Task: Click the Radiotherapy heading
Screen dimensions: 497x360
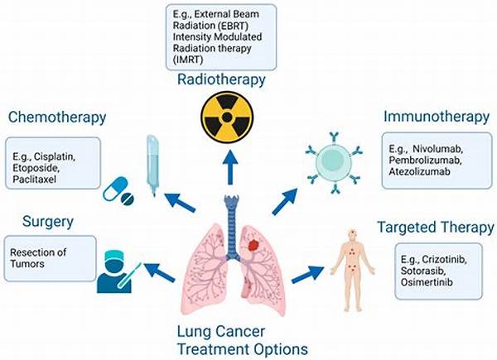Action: click(x=221, y=79)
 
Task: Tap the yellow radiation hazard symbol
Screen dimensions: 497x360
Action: click(x=227, y=118)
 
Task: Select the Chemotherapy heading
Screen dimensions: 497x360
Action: click(x=57, y=118)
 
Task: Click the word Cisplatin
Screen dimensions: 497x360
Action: click(x=54, y=156)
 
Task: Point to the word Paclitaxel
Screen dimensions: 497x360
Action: click(x=34, y=180)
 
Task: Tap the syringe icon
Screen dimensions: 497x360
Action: click(x=152, y=166)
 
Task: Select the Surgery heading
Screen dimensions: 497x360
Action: click(x=48, y=222)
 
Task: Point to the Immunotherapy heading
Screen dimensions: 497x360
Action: click(x=437, y=117)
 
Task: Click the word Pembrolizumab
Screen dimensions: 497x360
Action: click(x=425, y=161)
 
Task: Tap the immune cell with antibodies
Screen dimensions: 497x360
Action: click(x=334, y=162)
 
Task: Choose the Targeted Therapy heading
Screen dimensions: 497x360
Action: click(x=436, y=228)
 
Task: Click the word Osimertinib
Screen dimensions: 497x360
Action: click(x=427, y=282)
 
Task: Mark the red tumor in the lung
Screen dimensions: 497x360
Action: click(x=254, y=245)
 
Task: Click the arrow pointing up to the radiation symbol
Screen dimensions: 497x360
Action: click(x=229, y=167)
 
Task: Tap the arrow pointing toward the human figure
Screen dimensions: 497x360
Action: click(x=307, y=274)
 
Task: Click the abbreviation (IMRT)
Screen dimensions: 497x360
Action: click(x=188, y=60)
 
